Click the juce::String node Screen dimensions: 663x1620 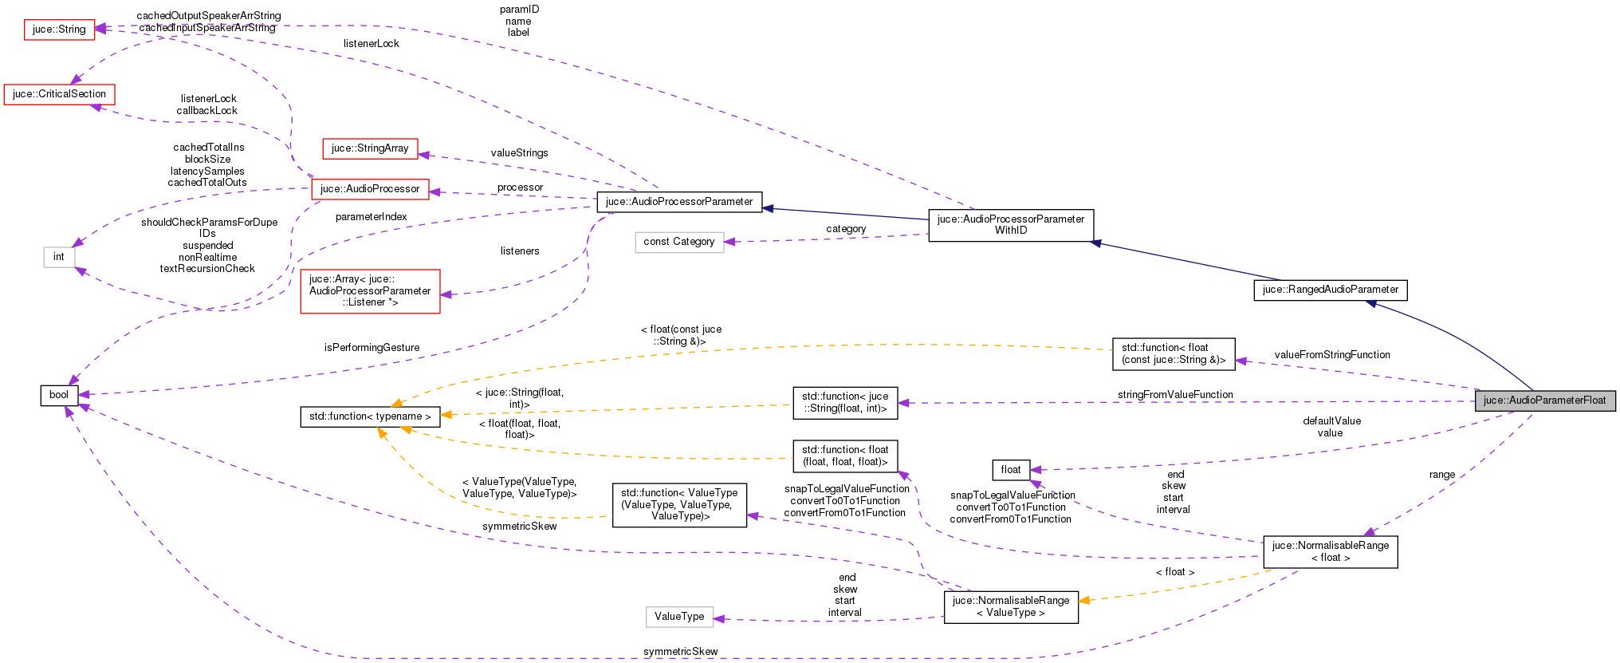point(59,30)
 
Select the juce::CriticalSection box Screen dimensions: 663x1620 point(59,94)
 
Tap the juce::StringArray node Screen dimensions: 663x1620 point(370,148)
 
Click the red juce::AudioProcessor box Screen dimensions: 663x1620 point(370,189)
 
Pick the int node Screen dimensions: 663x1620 point(59,257)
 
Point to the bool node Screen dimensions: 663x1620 point(59,395)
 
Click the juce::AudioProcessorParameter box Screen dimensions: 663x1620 point(678,202)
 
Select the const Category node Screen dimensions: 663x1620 point(678,242)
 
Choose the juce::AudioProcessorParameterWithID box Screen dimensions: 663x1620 point(1010,225)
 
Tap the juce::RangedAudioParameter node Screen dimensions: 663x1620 point(1330,290)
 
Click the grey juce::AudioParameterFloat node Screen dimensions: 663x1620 point(1544,401)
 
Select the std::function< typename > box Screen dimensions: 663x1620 point(370,416)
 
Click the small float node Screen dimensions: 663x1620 point(1010,470)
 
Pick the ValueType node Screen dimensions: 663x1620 point(678,617)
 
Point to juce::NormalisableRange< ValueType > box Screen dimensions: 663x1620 point(1010,607)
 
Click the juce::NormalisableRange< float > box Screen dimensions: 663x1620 point(1330,551)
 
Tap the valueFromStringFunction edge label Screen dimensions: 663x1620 point(1331,355)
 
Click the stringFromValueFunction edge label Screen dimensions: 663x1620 point(1174,395)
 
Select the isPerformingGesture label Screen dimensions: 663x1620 point(372,348)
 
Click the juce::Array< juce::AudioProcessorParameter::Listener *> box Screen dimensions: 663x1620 point(370,291)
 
